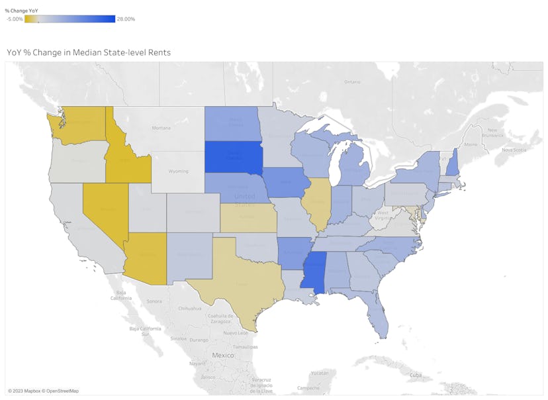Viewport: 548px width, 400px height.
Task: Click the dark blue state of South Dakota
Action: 233,158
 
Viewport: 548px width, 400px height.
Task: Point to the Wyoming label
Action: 178,171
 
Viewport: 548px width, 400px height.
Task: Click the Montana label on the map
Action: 161,128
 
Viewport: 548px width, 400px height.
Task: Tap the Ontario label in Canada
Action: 352,81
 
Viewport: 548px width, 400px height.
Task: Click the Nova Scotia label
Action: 514,150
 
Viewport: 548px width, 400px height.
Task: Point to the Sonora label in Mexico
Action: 154,301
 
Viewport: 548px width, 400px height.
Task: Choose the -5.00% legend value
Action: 15,19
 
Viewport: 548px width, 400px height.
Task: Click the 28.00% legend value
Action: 126,19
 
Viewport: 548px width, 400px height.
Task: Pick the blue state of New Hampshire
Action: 452,164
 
